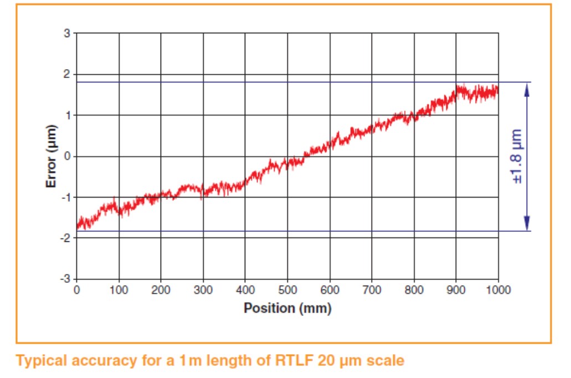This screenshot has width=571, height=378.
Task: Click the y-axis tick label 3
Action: coord(67,33)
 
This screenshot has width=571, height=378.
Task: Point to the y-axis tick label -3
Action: coord(65,279)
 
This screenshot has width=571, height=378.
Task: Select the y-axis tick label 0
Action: coord(67,157)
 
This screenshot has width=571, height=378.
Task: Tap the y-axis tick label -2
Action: coord(65,239)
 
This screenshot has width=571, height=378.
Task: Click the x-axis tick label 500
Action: coord(287,290)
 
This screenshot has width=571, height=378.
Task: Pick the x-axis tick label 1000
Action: coord(498,290)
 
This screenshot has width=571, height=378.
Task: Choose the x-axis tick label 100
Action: coord(119,290)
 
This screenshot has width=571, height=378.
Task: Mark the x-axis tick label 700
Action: coord(372,290)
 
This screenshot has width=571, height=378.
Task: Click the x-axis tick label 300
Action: coord(203,290)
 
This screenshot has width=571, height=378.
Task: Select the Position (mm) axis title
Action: coord(287,308)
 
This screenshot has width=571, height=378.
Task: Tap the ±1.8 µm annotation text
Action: coord(517,157)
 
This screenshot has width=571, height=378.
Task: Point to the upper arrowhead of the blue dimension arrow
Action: coord(527,89)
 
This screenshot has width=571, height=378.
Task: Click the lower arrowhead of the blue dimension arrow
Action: coord(527,224)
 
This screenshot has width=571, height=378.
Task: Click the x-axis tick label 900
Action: coord(456,290)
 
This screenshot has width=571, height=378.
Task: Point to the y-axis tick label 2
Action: coord(67,74)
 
